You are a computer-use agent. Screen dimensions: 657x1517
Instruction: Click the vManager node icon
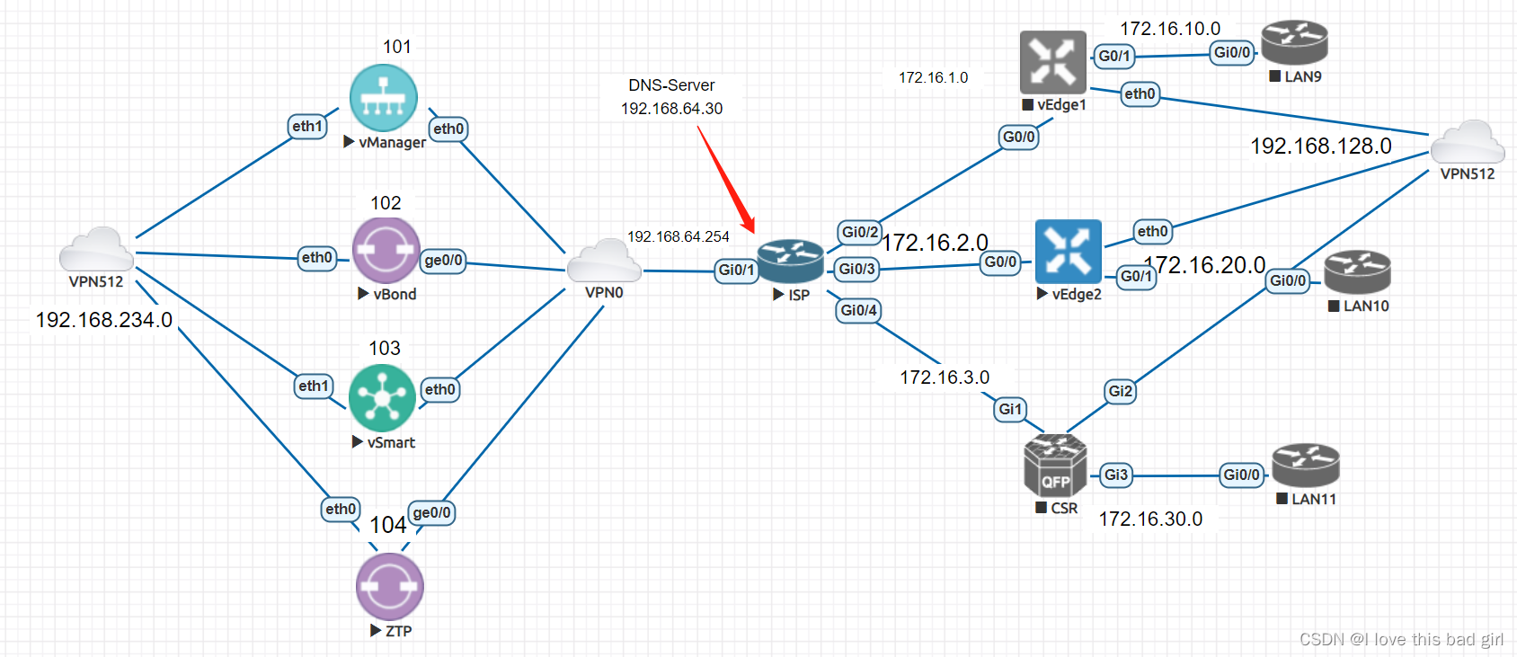click(x=384, y=98)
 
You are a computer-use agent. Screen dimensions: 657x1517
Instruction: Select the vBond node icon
click(x=386, y=251)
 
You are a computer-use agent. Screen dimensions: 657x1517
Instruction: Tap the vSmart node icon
click(x=382, y=397)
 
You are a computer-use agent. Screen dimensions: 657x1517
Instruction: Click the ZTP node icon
click(x=389, y=586)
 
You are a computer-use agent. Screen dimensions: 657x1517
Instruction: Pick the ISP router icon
click(x=790, y=262)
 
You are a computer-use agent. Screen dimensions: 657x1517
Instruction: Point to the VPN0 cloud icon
click(x=604, y=262)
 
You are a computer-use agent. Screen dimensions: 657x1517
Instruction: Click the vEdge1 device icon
click(x=1053, y=62)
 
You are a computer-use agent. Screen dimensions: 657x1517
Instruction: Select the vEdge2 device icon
click(x=1068, y=252)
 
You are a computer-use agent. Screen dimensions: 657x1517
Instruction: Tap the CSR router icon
click(x=1055, y=466)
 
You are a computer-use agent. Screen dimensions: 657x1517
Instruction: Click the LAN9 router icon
click(x=1294, y=43)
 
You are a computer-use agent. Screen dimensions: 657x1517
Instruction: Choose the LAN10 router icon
click(x=1357, y=272)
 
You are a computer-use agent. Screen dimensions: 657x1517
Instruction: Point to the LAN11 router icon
click(x=1306, y=466)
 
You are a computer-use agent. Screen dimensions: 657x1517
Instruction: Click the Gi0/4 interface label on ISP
click(x=858, y=311)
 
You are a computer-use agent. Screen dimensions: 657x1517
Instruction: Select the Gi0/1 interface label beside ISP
click(x=736, y=271)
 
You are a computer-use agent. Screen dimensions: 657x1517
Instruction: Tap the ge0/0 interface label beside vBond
click(x=443, y=261)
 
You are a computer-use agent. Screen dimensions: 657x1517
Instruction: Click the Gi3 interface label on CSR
click(x=1115, y=475)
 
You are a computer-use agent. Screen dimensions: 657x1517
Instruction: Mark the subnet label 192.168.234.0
click(x=104, y=320)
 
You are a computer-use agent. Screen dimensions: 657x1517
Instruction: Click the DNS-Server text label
click(x=671, y=85)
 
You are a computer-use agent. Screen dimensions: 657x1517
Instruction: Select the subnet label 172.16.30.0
click(x=1150, y=519)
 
